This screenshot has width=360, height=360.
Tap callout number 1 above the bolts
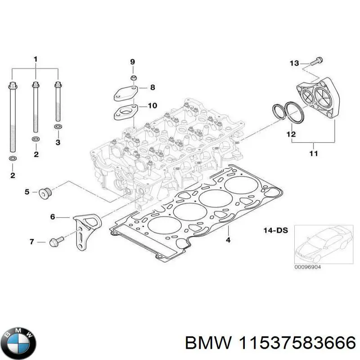click(x=36, y=59)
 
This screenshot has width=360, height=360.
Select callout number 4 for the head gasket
click(x=228, y=240)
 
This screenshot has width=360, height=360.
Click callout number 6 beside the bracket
click(x=53, y=217)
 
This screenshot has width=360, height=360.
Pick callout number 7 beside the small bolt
click(x=32, y=242)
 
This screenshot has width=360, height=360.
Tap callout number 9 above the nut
click(x=132, y=61)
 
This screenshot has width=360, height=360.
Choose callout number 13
click(x=294, y=63)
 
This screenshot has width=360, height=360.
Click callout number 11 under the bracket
click(x=313, y=153)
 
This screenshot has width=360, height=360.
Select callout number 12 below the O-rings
click(x=291, y=134)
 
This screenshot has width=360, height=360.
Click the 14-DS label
click(x=275, y=230)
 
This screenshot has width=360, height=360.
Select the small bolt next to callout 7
click(x=57, y=242)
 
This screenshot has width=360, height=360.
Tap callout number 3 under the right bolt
click(x=57, y=143)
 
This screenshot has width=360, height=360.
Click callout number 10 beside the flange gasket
click(x=152, y=106)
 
